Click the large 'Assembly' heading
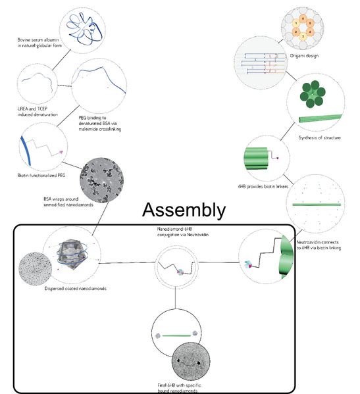click(x=184, y=210)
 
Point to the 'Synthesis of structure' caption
click(x=319, y=137)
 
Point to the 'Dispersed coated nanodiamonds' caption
click(x=76, y=288)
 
